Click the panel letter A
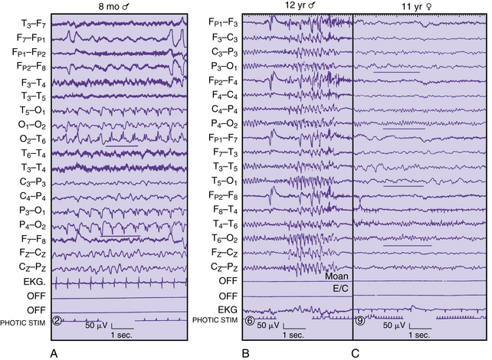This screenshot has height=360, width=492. point(54,353)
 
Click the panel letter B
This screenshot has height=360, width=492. point(246,353)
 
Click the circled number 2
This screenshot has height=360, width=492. point(57,319)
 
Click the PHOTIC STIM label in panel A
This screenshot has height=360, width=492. point(22,321)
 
